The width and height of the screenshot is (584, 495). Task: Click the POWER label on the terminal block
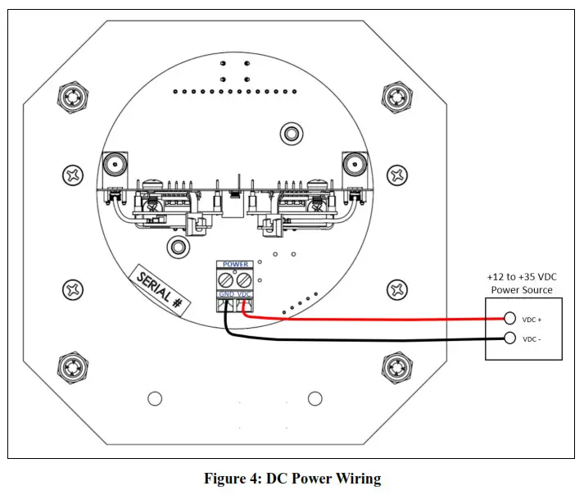tap(235, 264)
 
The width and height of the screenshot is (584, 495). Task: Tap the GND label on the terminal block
tap(226, 294)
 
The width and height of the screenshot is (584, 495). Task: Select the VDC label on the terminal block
tap(243, 294)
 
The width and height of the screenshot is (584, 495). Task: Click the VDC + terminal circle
tap(509, 318)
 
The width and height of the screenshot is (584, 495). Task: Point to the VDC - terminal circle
tap(509, 338)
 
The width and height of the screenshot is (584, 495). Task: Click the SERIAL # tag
tap(160, 290)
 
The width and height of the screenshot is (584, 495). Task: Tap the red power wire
tap(373, 319)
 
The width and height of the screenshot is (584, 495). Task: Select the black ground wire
tap(365, 339)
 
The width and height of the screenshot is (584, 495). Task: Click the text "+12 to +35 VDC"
tap(522, 277)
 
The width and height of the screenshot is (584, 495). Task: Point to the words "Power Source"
tap(522, 290)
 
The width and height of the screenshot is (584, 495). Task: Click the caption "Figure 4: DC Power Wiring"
tap(292, 479)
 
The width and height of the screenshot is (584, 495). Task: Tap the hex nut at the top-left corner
tap(73, 97)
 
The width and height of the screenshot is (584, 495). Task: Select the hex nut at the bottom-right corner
tap(397, 368)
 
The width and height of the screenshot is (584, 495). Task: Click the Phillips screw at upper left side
tap(73, 175)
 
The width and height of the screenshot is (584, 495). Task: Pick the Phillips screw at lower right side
tap(397, 289)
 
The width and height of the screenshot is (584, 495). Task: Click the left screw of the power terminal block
tap(226, 279)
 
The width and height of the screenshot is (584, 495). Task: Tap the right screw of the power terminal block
tap(244, 279)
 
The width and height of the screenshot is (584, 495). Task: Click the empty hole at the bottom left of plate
tap(155, 398)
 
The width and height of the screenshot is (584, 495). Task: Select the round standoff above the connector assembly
tap(292, 134)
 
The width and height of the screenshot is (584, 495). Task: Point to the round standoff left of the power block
tap(179, 247)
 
